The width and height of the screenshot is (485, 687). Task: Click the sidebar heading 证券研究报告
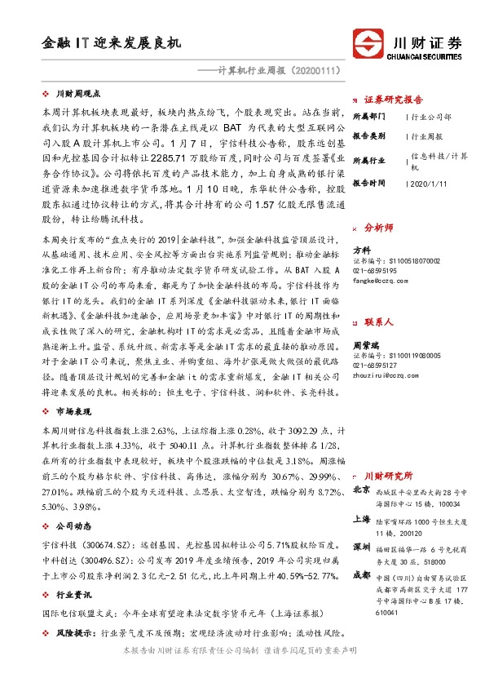395,95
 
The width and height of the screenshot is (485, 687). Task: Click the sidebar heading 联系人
379,301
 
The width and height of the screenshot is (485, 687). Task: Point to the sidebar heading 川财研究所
389,475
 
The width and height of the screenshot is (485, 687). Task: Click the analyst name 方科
362,250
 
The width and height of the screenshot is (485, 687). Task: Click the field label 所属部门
370,117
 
